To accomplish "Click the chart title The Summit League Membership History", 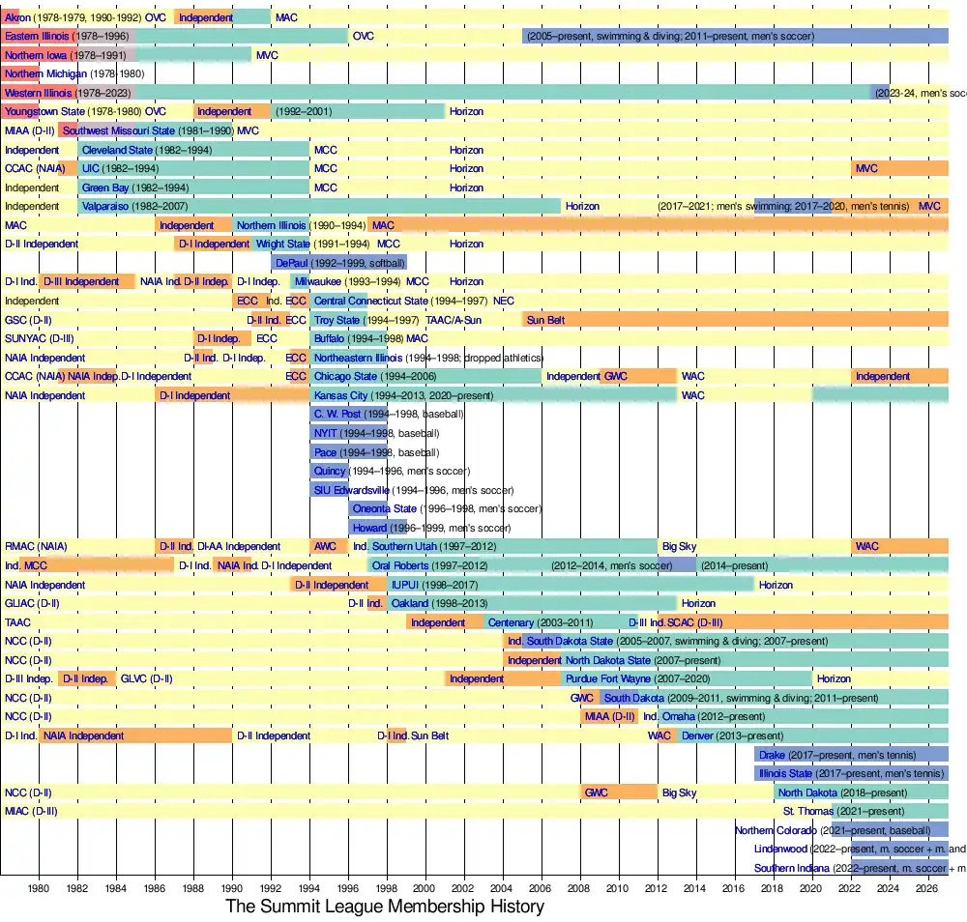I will [385, 907].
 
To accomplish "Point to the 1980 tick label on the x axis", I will [39, 887].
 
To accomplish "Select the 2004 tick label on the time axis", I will [502, 887].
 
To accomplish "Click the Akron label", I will [17, 17].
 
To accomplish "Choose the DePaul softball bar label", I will [295, 262].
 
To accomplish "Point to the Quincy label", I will [330, 471].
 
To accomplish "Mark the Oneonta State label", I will [385, 509].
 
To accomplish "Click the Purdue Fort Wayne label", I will [608, 678].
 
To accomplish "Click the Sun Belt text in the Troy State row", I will [546, 320].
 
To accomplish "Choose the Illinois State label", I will [785, 773].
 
